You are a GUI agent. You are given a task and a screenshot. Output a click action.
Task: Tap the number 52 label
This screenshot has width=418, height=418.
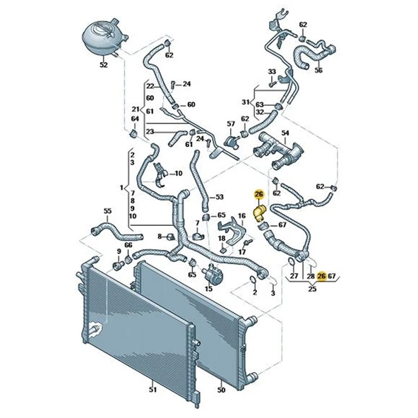click(104, 65)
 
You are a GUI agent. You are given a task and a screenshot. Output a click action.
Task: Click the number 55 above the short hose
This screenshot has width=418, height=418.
click(107, 210)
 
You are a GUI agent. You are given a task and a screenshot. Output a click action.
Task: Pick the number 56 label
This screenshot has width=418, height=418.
click(318, 71)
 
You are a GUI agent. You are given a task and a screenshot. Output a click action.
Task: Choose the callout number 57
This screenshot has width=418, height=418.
click(230, 124)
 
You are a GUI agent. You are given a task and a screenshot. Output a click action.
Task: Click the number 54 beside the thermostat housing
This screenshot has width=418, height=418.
click(286, 133)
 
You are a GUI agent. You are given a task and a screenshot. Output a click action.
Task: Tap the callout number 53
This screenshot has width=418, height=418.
click(219, 197)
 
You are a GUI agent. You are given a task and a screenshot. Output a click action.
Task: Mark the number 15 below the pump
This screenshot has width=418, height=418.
click(209, 288)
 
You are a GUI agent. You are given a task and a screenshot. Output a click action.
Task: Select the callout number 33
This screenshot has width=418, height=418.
click(271, 72)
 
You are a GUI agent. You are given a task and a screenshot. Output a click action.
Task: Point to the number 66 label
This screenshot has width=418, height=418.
click(129, 246)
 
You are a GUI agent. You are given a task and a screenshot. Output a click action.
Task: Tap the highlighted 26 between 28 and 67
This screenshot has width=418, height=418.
click(322, 277)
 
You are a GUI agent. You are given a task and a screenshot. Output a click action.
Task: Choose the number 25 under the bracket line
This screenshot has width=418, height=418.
click(311, 289)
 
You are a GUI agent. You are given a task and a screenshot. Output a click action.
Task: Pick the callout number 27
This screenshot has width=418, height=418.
click(295, 277)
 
